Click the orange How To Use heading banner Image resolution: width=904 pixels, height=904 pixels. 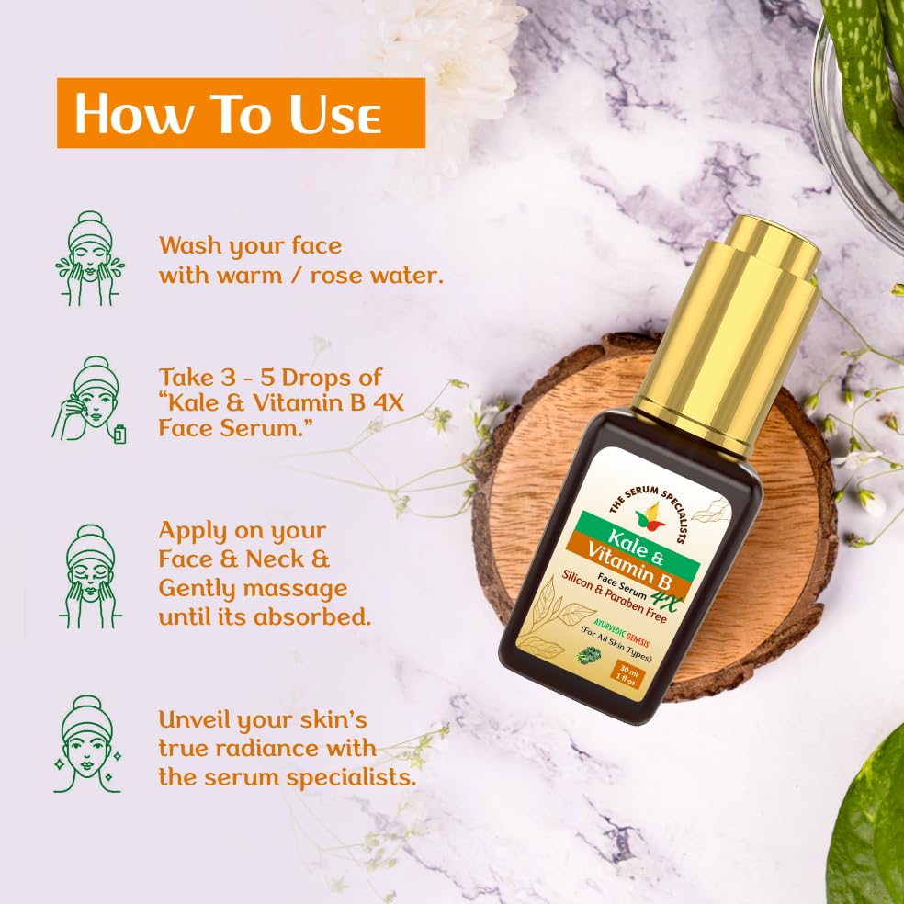coord(241,113)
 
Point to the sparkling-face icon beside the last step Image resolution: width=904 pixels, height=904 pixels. coord(89,744)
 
